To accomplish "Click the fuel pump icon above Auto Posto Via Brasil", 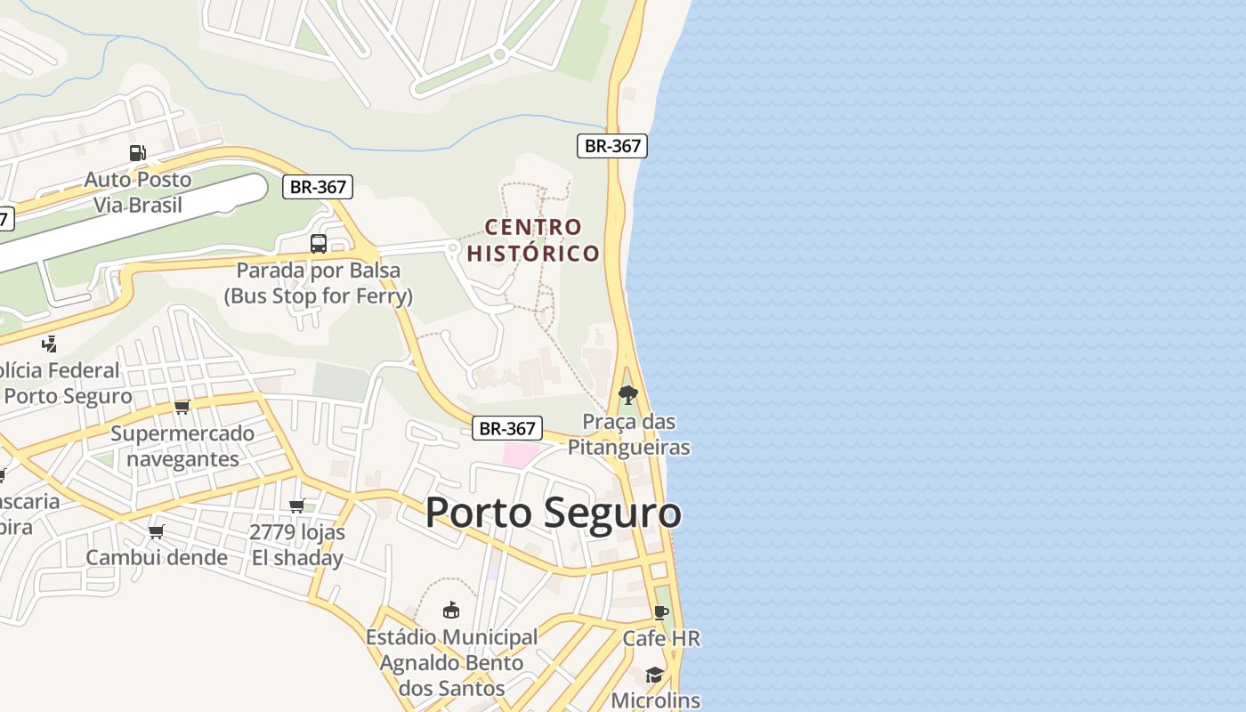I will tap(137, 153).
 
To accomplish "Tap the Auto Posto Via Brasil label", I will tap(138, 192).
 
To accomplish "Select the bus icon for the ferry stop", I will tap(318, 243).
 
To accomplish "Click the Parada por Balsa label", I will tap(318, 283).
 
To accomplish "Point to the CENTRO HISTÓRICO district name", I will tap(533, 240).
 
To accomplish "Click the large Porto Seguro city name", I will tap(553, 514).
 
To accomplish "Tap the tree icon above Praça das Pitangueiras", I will tap(628, 394).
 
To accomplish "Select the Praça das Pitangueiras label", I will tap(628, 433).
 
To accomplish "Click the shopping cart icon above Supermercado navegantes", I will tap(182, 407).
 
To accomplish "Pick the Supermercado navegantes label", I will tap(182, 446).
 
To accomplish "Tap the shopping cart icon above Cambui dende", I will tap(157, 531).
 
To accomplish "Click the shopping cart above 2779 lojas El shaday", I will tap(297, 506).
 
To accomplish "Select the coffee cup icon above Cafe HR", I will tap(660, 612).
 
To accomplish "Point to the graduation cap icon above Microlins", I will tap(655, 675).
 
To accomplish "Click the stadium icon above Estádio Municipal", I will tap(451, 611).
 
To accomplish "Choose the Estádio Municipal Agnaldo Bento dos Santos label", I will tap(451, 662).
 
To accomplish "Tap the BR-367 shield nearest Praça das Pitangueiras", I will tap(506, 428).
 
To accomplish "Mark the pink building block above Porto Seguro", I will tap(520, 455).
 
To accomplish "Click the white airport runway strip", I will tap(133, 217).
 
